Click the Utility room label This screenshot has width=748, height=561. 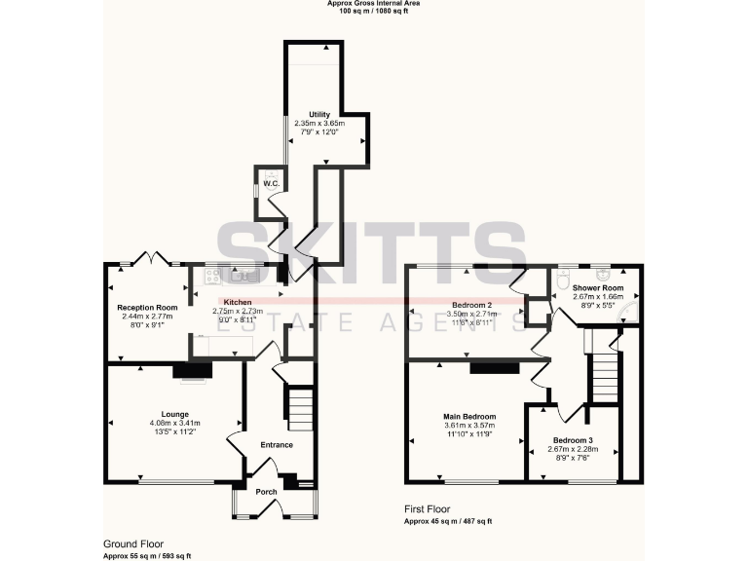point(318,115)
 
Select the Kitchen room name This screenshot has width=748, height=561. point(238,302)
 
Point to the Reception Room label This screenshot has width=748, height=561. point(147,308)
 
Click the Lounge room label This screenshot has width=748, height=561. point(175,414)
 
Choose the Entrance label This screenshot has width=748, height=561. point(276,445)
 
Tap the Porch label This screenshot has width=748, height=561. point(266,492)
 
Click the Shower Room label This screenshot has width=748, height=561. point(598,288)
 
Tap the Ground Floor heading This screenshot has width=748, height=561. point(133,543)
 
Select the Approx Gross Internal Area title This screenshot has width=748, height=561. point(374,4)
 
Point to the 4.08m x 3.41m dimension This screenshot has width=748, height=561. point(175,423)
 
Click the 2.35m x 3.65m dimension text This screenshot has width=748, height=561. point(318,124)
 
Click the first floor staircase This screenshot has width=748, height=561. point(605,375)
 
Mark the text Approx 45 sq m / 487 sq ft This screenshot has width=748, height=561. point(452,522)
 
